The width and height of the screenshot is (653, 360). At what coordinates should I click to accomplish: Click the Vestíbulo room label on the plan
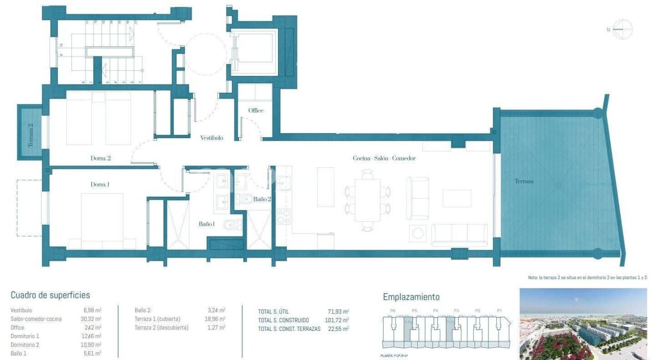[211, 138]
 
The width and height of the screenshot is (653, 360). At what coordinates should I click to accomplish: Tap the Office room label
[256, 111]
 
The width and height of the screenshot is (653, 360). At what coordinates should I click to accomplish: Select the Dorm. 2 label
[101, 159]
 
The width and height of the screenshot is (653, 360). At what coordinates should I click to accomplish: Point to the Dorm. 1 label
[100, 185]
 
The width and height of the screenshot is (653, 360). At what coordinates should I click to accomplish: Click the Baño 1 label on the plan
[207, 224]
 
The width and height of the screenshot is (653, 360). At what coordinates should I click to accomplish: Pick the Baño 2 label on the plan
[262, 199]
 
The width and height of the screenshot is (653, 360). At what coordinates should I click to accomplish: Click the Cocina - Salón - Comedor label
[384, 158]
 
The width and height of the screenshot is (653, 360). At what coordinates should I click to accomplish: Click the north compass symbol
[622, 30]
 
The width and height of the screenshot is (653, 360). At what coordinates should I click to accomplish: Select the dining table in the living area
[367, 196]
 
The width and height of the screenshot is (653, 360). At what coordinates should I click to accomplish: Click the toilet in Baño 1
[235, 224]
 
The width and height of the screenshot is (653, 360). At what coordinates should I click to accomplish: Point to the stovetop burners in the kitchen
[283, 217]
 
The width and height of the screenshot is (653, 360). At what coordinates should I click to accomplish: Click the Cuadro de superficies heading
[50, 295]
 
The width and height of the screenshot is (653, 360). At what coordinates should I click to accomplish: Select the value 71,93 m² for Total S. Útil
[338, 311]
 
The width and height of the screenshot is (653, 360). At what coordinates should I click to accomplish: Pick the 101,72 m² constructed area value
[337, 320]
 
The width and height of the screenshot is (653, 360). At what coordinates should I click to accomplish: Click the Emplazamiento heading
[411, 297]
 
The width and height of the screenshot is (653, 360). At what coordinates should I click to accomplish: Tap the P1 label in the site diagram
[499, 310]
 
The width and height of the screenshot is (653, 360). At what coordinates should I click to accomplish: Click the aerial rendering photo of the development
[583, 324]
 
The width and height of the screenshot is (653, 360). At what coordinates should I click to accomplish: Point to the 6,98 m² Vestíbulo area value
[92, 310]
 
